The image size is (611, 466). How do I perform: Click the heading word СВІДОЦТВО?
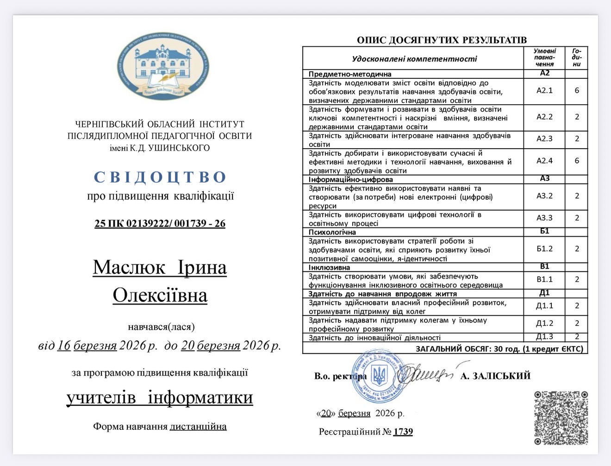tap(160, 177)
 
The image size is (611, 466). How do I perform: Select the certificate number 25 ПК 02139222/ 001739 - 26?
tap(160, 223)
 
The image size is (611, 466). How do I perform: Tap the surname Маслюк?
tap(129, 268)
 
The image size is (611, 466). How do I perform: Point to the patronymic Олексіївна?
tap(160, 296)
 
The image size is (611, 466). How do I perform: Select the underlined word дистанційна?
tap(198, 426)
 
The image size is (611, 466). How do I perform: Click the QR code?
tap(561, 418)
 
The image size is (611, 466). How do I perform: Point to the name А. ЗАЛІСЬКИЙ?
tap(495, 376)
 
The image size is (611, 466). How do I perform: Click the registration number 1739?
tap(403, 432)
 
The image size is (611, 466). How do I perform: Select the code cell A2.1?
tap(544, 91)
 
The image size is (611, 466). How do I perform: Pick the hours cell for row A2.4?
tap(577, 161)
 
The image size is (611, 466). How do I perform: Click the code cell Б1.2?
tap(544, 249)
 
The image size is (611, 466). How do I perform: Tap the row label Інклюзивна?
tap(329, 267)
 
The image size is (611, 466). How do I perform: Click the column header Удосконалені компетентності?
tap(414, 59)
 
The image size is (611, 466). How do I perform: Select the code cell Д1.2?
tap(544, 323)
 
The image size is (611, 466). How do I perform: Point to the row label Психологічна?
tap(332, 232)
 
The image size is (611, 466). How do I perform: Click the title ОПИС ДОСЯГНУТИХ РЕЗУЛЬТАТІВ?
tap(442, 40)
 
